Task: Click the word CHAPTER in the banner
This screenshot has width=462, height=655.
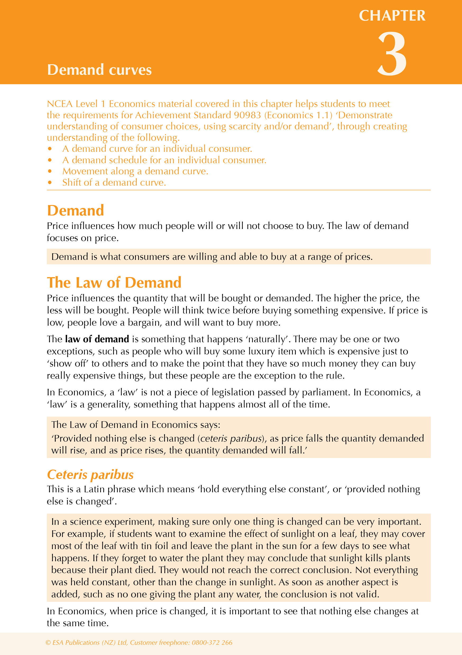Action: (392, 16)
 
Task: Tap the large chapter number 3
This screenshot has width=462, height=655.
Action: (392, 54)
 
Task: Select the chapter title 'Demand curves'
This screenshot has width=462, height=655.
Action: (99, 70)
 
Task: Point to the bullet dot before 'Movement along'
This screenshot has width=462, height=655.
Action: (50, 171)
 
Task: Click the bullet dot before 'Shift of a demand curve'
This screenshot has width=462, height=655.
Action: (50, 182)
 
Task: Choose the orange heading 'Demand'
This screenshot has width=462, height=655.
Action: (76, 210)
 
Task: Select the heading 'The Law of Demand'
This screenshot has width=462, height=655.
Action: (114, 282)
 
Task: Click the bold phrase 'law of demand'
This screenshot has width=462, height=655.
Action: (97, 339)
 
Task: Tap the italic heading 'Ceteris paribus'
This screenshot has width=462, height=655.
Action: (90, 475)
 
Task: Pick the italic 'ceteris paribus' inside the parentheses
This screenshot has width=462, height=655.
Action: (231, 438)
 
